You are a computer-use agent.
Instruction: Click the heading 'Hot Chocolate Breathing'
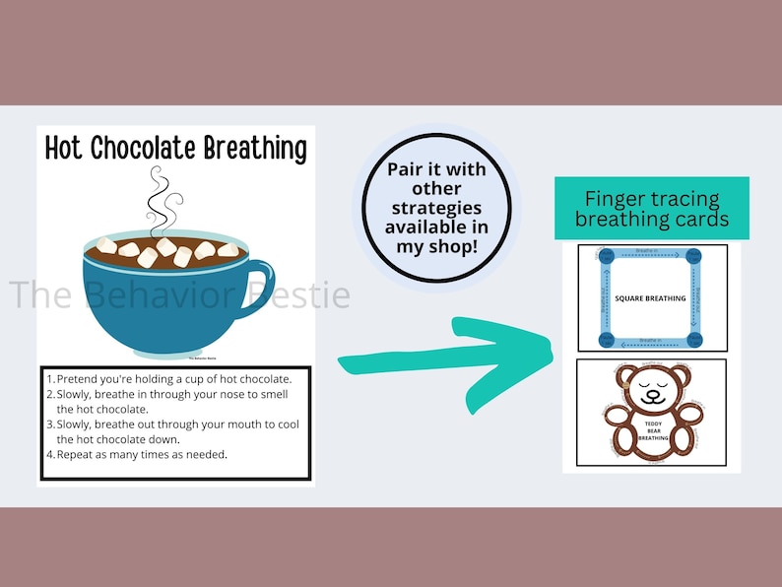pos(176,149)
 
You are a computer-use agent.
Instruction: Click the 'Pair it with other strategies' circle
pos(436,206)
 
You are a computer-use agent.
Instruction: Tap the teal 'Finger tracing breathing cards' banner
pos(651,209)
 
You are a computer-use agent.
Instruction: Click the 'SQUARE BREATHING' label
pos(650,296)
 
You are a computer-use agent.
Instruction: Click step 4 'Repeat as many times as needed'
pos(142,454)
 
